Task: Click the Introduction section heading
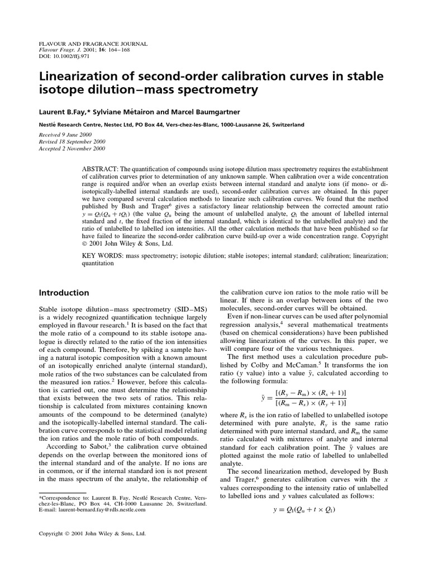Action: click(63, 293)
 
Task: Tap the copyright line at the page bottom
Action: click(92, 533)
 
